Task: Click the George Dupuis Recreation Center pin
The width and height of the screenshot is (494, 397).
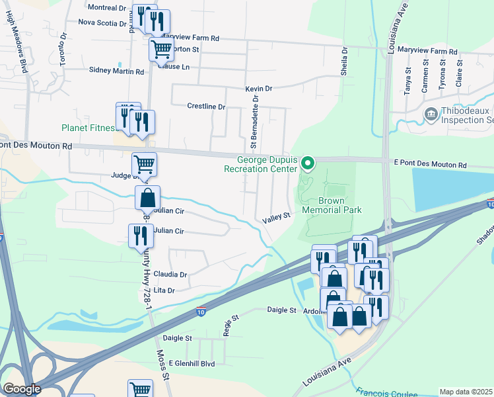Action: pyautogui.click(x=307, y=162)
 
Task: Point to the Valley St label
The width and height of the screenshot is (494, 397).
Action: pyautogui.click(x=276, y=217)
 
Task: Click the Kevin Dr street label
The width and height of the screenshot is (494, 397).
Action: pyautogui.click(x=258, y=89)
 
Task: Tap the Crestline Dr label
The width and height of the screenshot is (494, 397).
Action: pyautogui.click(x=206, y=106)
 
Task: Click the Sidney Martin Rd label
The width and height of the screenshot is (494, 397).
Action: pyautogui.click(x=116, y=71)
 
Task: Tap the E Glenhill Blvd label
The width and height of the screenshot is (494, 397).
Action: pyautogui.click(x=192, y=363)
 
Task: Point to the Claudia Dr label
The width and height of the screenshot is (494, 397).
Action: pyautogui.click(x=170, y=274)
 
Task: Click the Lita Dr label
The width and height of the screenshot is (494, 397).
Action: pyautogui.click(x=163, y=290)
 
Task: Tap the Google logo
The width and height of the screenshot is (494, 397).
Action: pyautogui.click(x=22, y=389)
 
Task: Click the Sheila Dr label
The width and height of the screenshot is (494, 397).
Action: pyautogui.click(x=344, y=62)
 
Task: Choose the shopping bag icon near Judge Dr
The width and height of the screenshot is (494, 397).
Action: pyautogui.click(x=147, y=197)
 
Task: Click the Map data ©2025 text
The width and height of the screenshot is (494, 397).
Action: pyautogui.click(x=466, y=392)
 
